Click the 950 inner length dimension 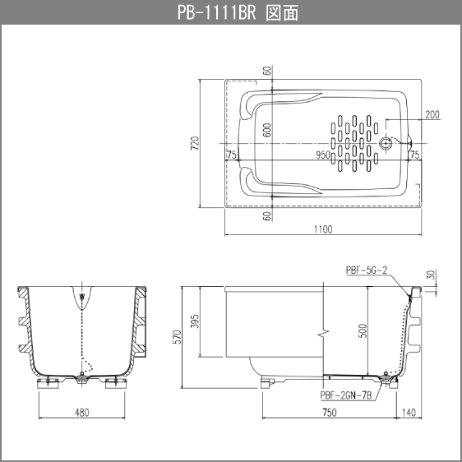click(x=323, y=155)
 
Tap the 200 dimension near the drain click(x=433, y=114)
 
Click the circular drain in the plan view click(x=387, y=142)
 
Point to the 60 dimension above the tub click(x=267, y=71)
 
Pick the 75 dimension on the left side click(x=232, y=155)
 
